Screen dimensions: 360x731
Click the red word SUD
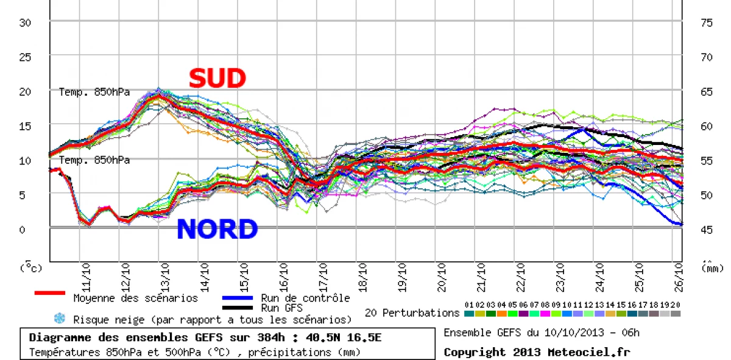[x=217, y=79]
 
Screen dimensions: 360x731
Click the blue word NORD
[x=217, y=230]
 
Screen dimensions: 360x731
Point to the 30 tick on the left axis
[x=26, y=23]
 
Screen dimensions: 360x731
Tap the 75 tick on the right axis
[x=707, y=23]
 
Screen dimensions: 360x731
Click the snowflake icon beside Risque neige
[x=60, y=318]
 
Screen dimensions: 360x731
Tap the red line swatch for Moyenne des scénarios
[x=50, y=293]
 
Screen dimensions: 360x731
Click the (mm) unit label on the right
[x=707, y=267]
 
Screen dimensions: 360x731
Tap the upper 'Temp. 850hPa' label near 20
[x=94, y=92]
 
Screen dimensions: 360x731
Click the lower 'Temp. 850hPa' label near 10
[x=94, y=160]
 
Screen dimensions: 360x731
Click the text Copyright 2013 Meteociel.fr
[x=537, y=352]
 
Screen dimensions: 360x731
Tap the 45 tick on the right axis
[x=707, y=230]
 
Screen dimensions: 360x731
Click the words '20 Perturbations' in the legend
[x=412, y=312]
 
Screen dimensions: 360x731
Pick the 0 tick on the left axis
[x=22, y=230]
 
